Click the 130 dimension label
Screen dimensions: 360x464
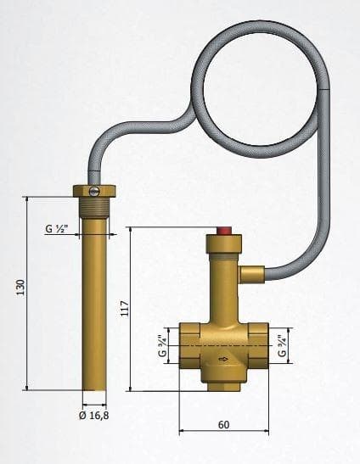tap(20, 287)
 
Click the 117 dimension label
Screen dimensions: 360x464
tap(125, 309)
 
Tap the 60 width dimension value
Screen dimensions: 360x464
tap(223, 425)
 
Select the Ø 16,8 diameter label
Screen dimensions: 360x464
tap(94, 416)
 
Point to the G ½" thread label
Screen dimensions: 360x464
tap(57, 228)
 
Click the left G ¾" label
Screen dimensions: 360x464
tap(163, 345)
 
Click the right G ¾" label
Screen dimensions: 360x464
tap(282, 345)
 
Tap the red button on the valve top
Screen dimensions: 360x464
tap(224, 231)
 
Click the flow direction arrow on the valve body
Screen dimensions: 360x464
tap(223, 360)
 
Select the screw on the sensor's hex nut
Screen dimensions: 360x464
tap(94, 192)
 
